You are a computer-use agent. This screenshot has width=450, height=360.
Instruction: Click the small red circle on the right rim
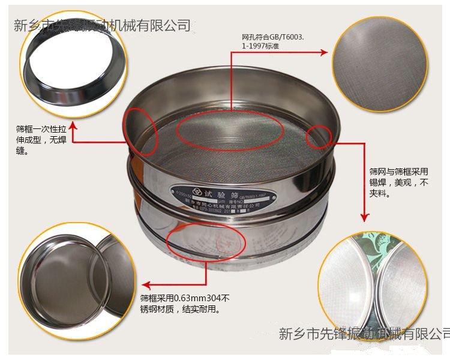(x=318, y=137)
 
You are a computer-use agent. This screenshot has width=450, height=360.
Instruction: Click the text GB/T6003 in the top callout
(x=283, y=37)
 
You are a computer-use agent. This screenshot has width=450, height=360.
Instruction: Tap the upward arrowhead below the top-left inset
(x=73, y=125)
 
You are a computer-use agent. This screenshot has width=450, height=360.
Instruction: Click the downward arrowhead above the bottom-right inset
(x=364, y=218)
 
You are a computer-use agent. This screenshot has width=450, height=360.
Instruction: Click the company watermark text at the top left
(x=102, y=25)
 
